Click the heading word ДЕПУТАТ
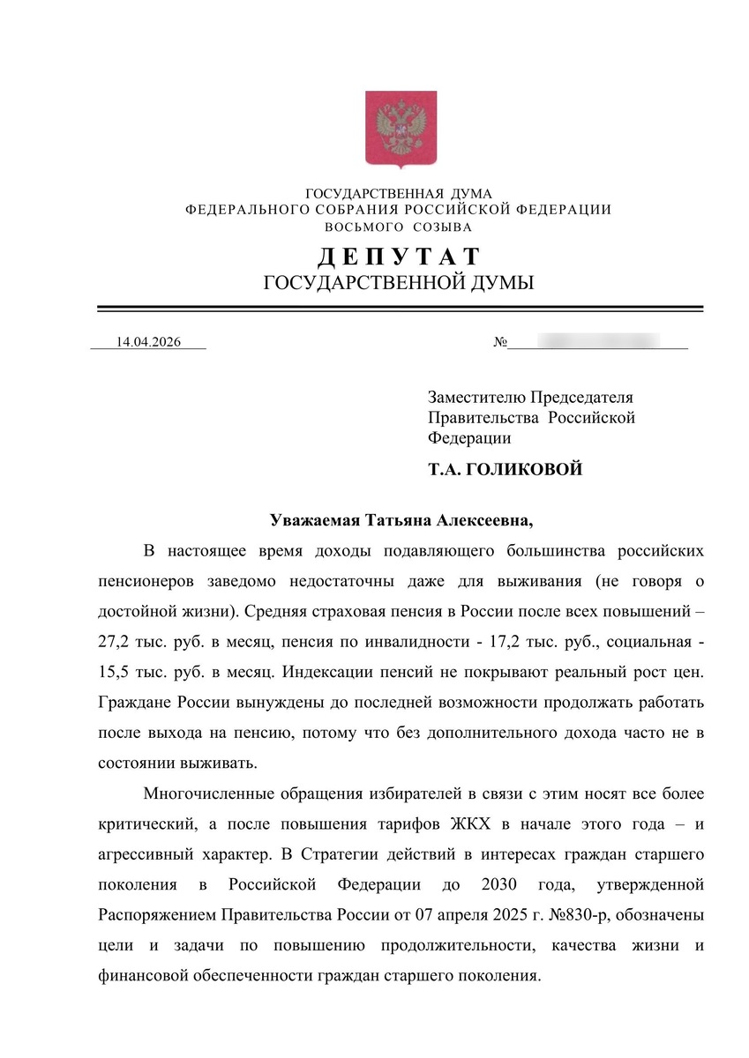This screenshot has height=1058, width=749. [x=399, y=257]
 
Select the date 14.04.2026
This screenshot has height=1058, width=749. [x=148, y=342]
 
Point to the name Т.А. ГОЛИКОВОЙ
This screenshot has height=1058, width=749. [x=506, y=470]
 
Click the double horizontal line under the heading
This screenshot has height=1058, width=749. [x=400, y=309]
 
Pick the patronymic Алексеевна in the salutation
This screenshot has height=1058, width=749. [x=482, y=520]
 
